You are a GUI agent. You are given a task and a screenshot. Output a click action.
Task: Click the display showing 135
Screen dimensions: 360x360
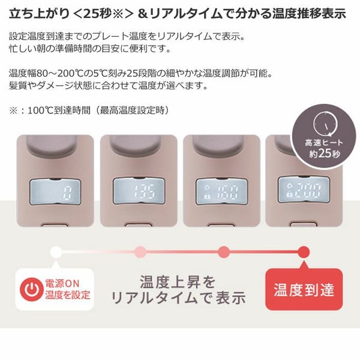coord(139,191)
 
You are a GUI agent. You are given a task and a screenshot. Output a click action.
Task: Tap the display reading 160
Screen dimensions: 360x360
coord(221,191)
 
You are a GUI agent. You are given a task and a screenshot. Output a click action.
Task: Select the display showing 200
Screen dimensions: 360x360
coord(303,190)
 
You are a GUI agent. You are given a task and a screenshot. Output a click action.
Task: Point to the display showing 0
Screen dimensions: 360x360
coord(55,192)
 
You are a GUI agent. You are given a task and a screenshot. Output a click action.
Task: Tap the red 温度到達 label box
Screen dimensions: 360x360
coord(304,290)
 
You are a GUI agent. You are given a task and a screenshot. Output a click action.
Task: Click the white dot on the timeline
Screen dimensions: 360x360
coord(56,252)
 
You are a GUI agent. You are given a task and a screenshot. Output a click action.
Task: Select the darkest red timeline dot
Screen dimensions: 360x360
coord(304,252)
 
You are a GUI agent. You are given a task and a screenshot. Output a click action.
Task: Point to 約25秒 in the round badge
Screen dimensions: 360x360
coord(325,154)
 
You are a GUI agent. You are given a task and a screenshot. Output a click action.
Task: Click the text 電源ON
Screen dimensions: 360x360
coord(62,284)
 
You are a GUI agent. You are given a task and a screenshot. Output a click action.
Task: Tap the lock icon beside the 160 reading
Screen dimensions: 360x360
coord(207,196)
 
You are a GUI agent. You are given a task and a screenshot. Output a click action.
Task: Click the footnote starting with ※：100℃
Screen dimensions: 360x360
coord(89,110)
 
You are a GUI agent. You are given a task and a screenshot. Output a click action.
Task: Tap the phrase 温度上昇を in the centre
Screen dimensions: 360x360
coord(178,282)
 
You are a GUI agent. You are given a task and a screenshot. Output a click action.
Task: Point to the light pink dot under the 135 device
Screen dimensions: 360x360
coord(140,252)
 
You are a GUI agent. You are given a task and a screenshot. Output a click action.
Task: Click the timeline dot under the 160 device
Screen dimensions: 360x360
coord(223,252)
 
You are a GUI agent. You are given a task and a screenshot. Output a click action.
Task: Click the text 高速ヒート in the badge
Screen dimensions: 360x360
coord(324,143)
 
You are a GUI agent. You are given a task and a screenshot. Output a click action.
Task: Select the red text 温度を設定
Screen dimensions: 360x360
coord(67,295)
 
